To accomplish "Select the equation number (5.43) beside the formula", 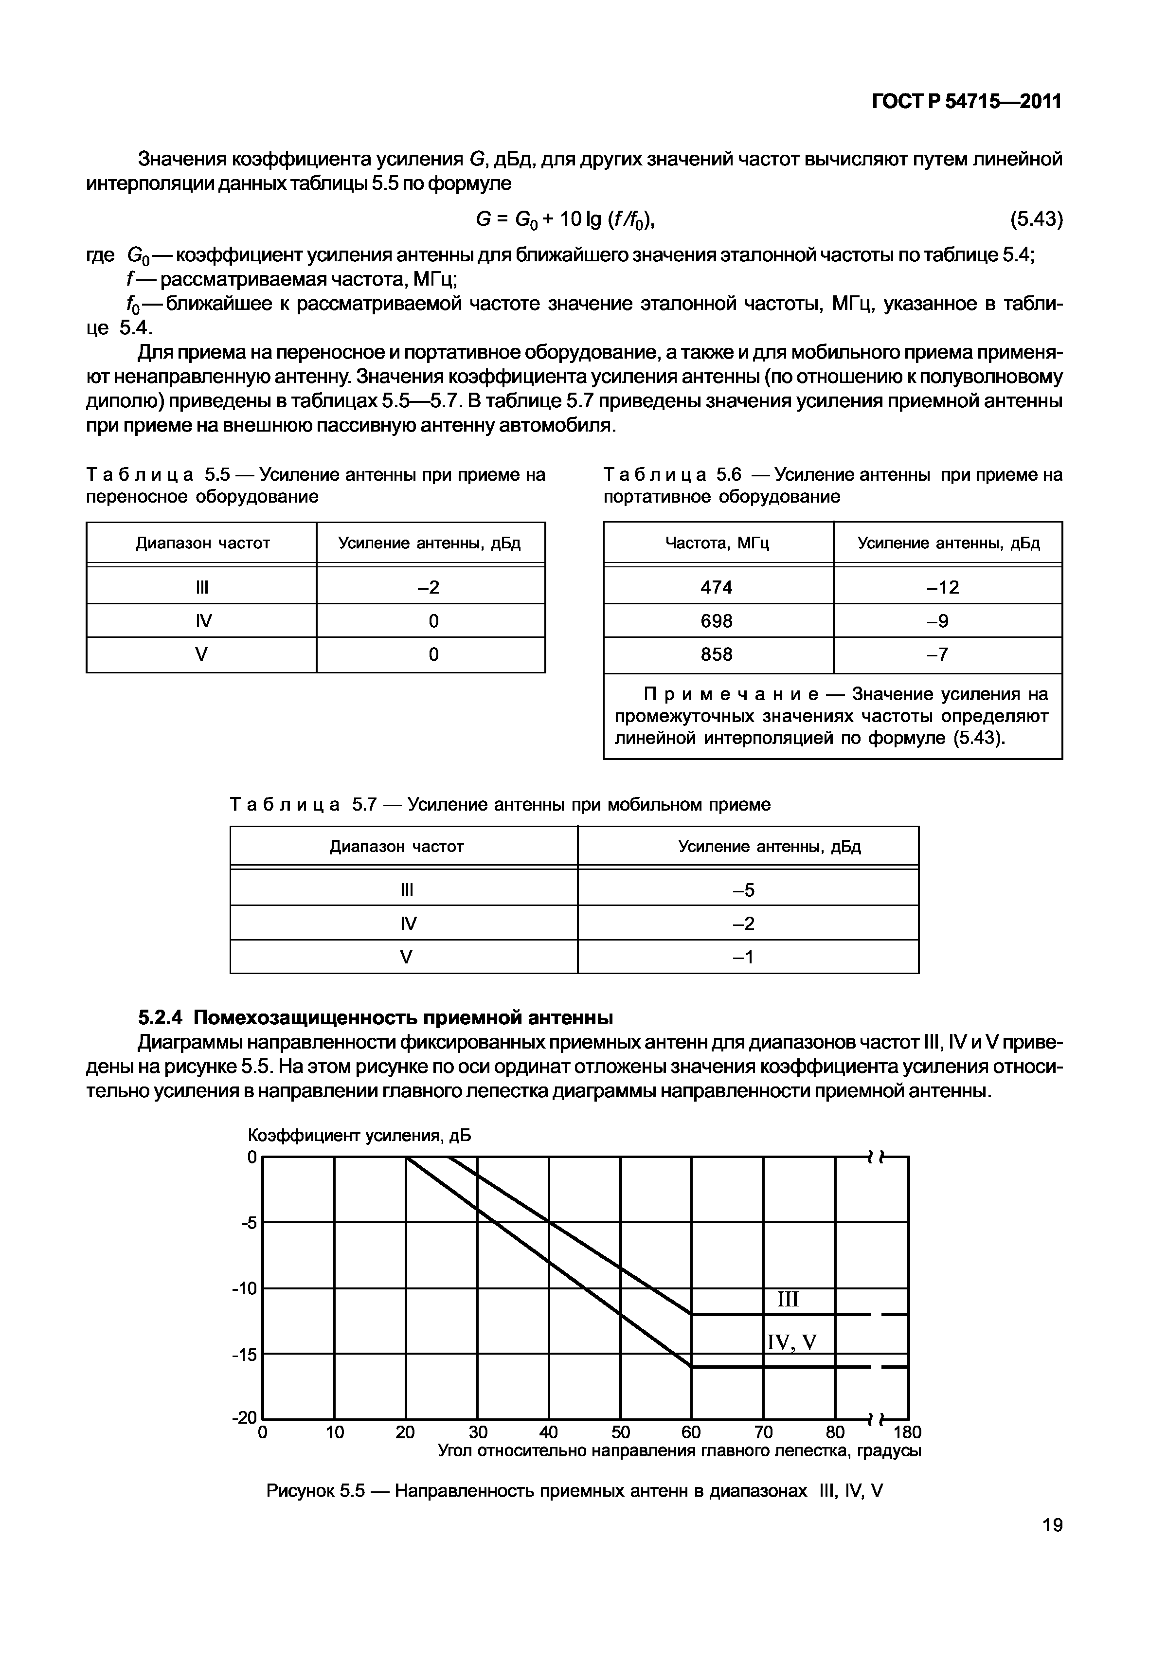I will click(1036, 219).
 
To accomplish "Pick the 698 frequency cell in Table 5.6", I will click(717, 620).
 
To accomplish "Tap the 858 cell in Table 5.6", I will click(717, 654).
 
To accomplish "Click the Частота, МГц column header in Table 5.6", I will click(717, 543).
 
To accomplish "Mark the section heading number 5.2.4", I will click(161, 1017).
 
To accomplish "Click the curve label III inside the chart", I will click(789, 1300).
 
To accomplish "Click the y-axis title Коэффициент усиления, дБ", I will click(359, 1135).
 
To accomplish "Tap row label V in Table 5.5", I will click(201, 654).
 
